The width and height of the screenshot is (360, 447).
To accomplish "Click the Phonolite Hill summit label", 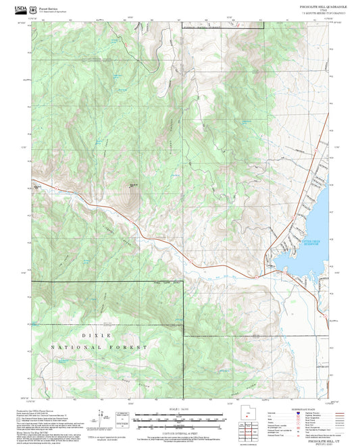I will tap(134, 185).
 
